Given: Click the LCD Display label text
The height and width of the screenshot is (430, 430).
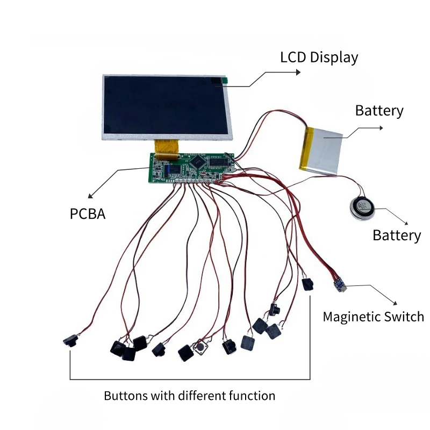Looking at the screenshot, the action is click(319, 58).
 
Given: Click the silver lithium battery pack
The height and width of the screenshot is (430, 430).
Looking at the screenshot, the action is click(321, 150).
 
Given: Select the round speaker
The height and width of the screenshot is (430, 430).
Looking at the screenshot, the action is click(362, 209).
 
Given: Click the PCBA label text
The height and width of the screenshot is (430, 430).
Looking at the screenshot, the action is click(88, 214).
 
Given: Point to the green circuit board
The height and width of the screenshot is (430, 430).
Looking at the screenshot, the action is click(191, 168).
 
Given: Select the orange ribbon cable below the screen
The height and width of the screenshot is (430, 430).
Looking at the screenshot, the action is click(166, 150).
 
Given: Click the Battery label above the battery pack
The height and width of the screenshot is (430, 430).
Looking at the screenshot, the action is click(379, 111).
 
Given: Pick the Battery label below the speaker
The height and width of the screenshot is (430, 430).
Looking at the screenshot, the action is click(397, 235).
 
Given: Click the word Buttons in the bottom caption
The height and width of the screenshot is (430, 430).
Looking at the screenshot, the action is click(126, 396).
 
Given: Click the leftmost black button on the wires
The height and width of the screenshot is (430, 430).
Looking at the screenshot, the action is click(71, 341).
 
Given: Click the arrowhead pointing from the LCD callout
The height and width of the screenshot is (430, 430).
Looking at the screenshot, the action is click(298, 72).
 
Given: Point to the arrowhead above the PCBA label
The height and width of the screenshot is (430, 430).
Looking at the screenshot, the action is click(90, 196).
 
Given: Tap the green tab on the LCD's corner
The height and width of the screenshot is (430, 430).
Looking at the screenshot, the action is click(225, 81).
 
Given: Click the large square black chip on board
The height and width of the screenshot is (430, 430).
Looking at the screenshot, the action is click(198, 162).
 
